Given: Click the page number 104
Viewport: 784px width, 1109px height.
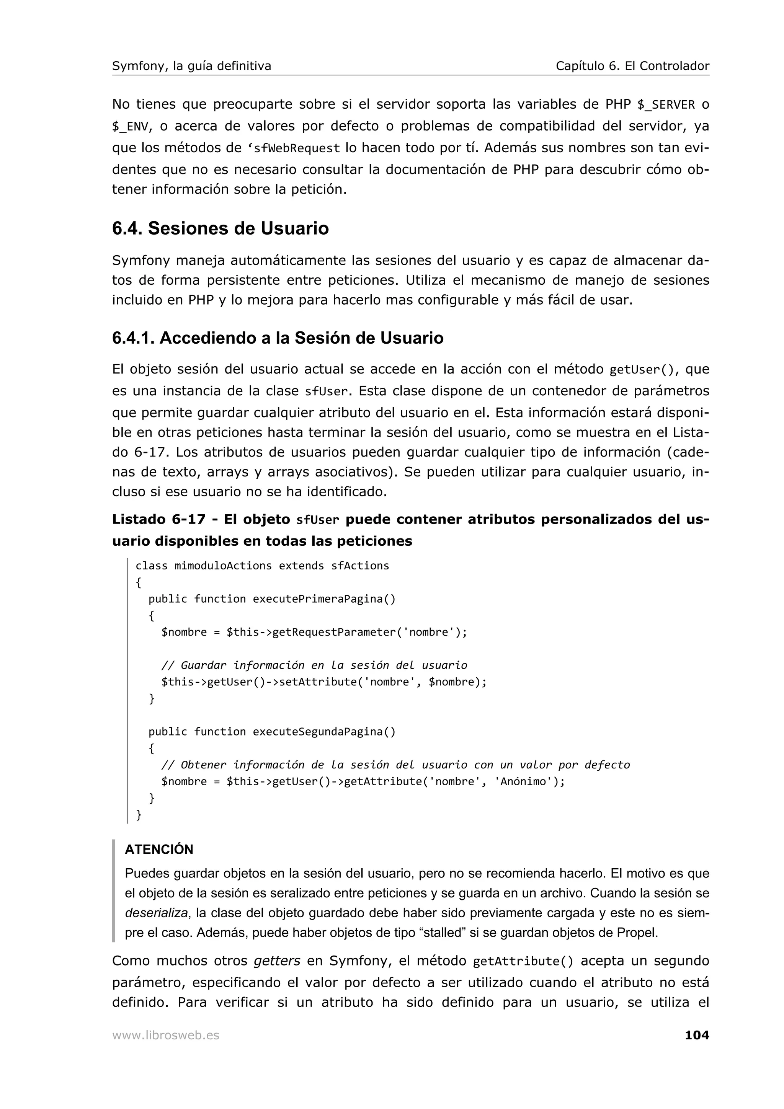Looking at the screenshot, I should coord(697,1035).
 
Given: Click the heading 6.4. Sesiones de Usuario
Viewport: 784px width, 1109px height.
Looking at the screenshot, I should coord(220,228).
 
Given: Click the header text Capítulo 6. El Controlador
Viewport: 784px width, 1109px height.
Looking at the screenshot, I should coord(632,66).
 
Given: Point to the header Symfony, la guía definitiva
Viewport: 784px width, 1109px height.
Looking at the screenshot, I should coord(191,66).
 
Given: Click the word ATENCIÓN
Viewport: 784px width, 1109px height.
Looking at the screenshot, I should coord(159,850).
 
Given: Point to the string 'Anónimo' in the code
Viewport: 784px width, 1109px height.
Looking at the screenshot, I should coord(523,781).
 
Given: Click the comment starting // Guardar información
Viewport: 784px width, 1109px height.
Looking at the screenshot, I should coord(314,665).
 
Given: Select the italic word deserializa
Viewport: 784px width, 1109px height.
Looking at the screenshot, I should coord(156,913).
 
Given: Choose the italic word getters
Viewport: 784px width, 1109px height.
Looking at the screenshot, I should coord(277,961).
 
